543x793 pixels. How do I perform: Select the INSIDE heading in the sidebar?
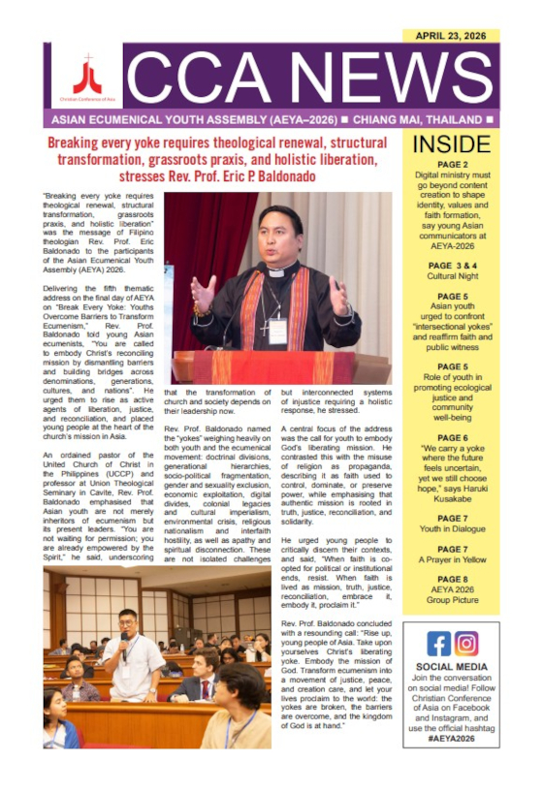tap(451, 145)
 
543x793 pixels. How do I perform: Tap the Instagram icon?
tap(466, 644)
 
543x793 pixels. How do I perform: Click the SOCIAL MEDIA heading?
tap(452, 667)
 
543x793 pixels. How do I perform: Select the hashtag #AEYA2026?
tap(452, 737)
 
